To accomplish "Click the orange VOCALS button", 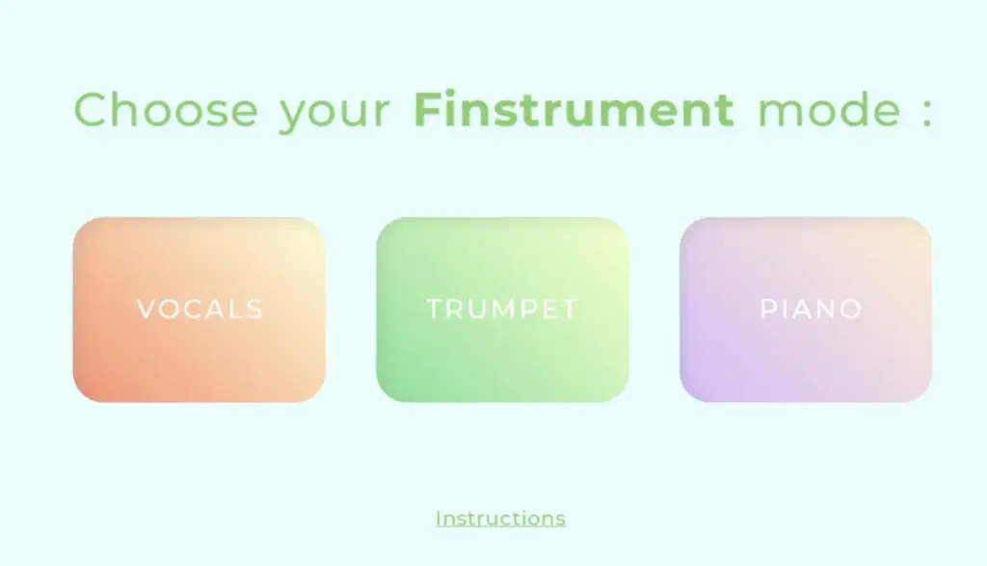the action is click(199, 310).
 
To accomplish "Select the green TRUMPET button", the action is click(502, 310).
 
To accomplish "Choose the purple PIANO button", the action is click(806, 310).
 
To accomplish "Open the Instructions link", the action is click(501, 519).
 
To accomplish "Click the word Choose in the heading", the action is click(166, 110).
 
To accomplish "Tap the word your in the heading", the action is click(334, 114).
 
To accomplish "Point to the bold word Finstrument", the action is click(574, 110).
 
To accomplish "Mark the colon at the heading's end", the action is click(927, 113).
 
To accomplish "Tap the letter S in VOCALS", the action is click(254, 310).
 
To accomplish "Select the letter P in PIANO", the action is click(768, 310).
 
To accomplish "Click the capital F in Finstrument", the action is click(427, 110).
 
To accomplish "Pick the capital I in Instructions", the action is click(439, 518).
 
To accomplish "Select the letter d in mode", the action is click(850, 110).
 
